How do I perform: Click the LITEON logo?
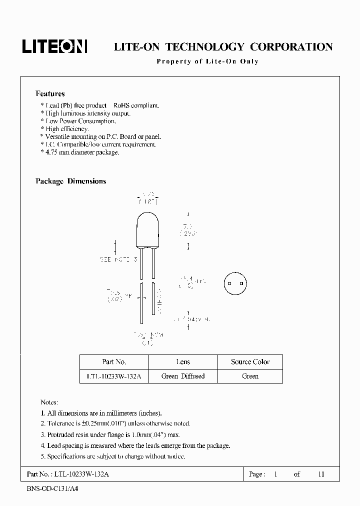[x=54, y=46]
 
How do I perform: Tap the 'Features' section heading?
[x=50, y=93]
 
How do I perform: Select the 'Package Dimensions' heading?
[x=70, y=181]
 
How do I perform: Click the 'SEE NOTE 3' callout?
[x=118, y=260]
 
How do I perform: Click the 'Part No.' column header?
[x=114, y=361]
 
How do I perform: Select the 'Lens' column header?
[x=183, y=361]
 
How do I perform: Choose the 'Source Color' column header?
[x=250, y=361]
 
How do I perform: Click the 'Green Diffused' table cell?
[x=183, y=376]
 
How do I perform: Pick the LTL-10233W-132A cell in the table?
[x=114, y=376]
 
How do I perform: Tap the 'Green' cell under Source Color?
[x=250, y=376]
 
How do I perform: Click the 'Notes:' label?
[x=49, y=402]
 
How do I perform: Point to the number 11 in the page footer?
[x=321, y=474]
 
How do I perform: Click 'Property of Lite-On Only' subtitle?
[x=207, y=61]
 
